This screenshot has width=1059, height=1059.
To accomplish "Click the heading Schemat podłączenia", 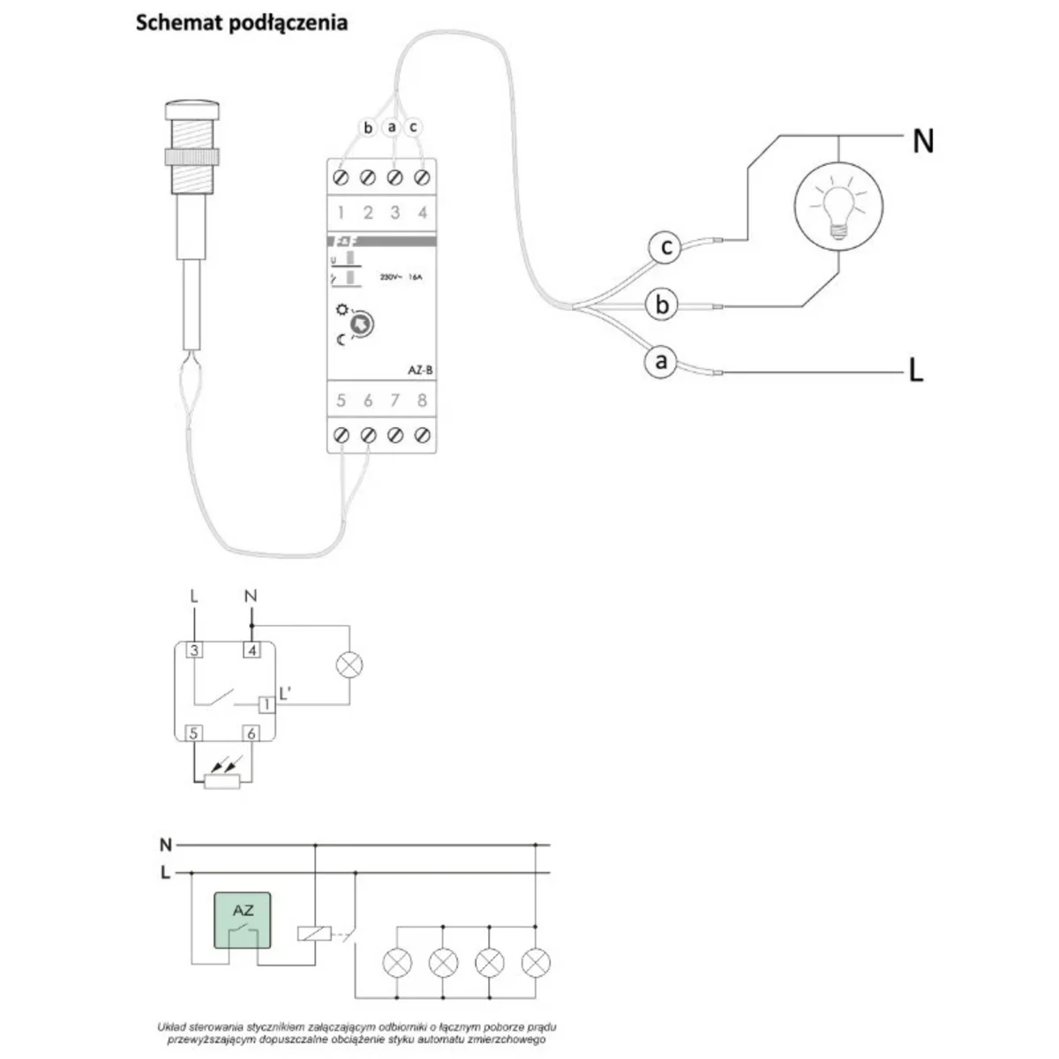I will (241, 23).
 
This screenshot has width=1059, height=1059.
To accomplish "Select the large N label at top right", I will (922, 141).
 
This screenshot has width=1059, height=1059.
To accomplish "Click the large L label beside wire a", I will (916, 372).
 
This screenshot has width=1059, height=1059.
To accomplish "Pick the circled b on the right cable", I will (662, 305).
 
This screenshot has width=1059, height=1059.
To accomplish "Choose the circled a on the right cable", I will (659, 362).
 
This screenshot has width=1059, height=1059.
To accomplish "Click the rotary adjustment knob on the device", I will (362, 326).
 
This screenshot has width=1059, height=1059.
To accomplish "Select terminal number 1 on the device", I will (342, 213).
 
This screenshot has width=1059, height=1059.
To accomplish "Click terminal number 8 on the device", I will (422, 402).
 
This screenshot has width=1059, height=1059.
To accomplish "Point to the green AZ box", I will (243, 921).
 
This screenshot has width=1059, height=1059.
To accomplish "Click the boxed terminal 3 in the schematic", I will (194, 651).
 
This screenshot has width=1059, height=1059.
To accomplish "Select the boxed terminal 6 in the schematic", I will (252, 733).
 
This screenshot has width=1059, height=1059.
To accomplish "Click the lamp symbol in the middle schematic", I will (350, 665).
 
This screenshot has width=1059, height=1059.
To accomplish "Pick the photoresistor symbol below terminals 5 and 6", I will (222, 780).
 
